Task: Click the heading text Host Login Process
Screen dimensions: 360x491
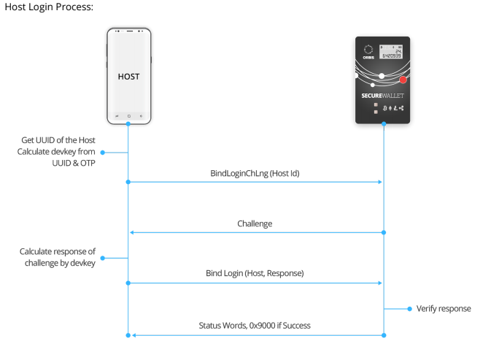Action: (x=50, y=7)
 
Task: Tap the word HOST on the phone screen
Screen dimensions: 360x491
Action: (x=128, y=76)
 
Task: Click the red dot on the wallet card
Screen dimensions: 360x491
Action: (x=403, y=80)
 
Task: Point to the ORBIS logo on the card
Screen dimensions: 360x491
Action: (x=368, y=53)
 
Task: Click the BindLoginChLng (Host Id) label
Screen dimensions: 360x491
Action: (x=255, y=174)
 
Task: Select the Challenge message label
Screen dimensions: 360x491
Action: (x=255, y=223)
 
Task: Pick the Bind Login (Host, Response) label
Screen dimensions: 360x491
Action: (x=255, y=273)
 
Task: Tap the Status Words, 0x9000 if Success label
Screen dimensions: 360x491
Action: (x=255, y=326)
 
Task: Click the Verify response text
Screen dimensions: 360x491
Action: (x=444, y=309)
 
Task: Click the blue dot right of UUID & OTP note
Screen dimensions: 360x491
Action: (x=102, y=152)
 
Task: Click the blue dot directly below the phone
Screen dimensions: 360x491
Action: (x=128, y=125)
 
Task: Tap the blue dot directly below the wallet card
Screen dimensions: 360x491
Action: (x=384, y=125)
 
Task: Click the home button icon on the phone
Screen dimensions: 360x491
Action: (x=128, y=115)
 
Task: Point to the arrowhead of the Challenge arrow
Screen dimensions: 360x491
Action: (x=131, y=232)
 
